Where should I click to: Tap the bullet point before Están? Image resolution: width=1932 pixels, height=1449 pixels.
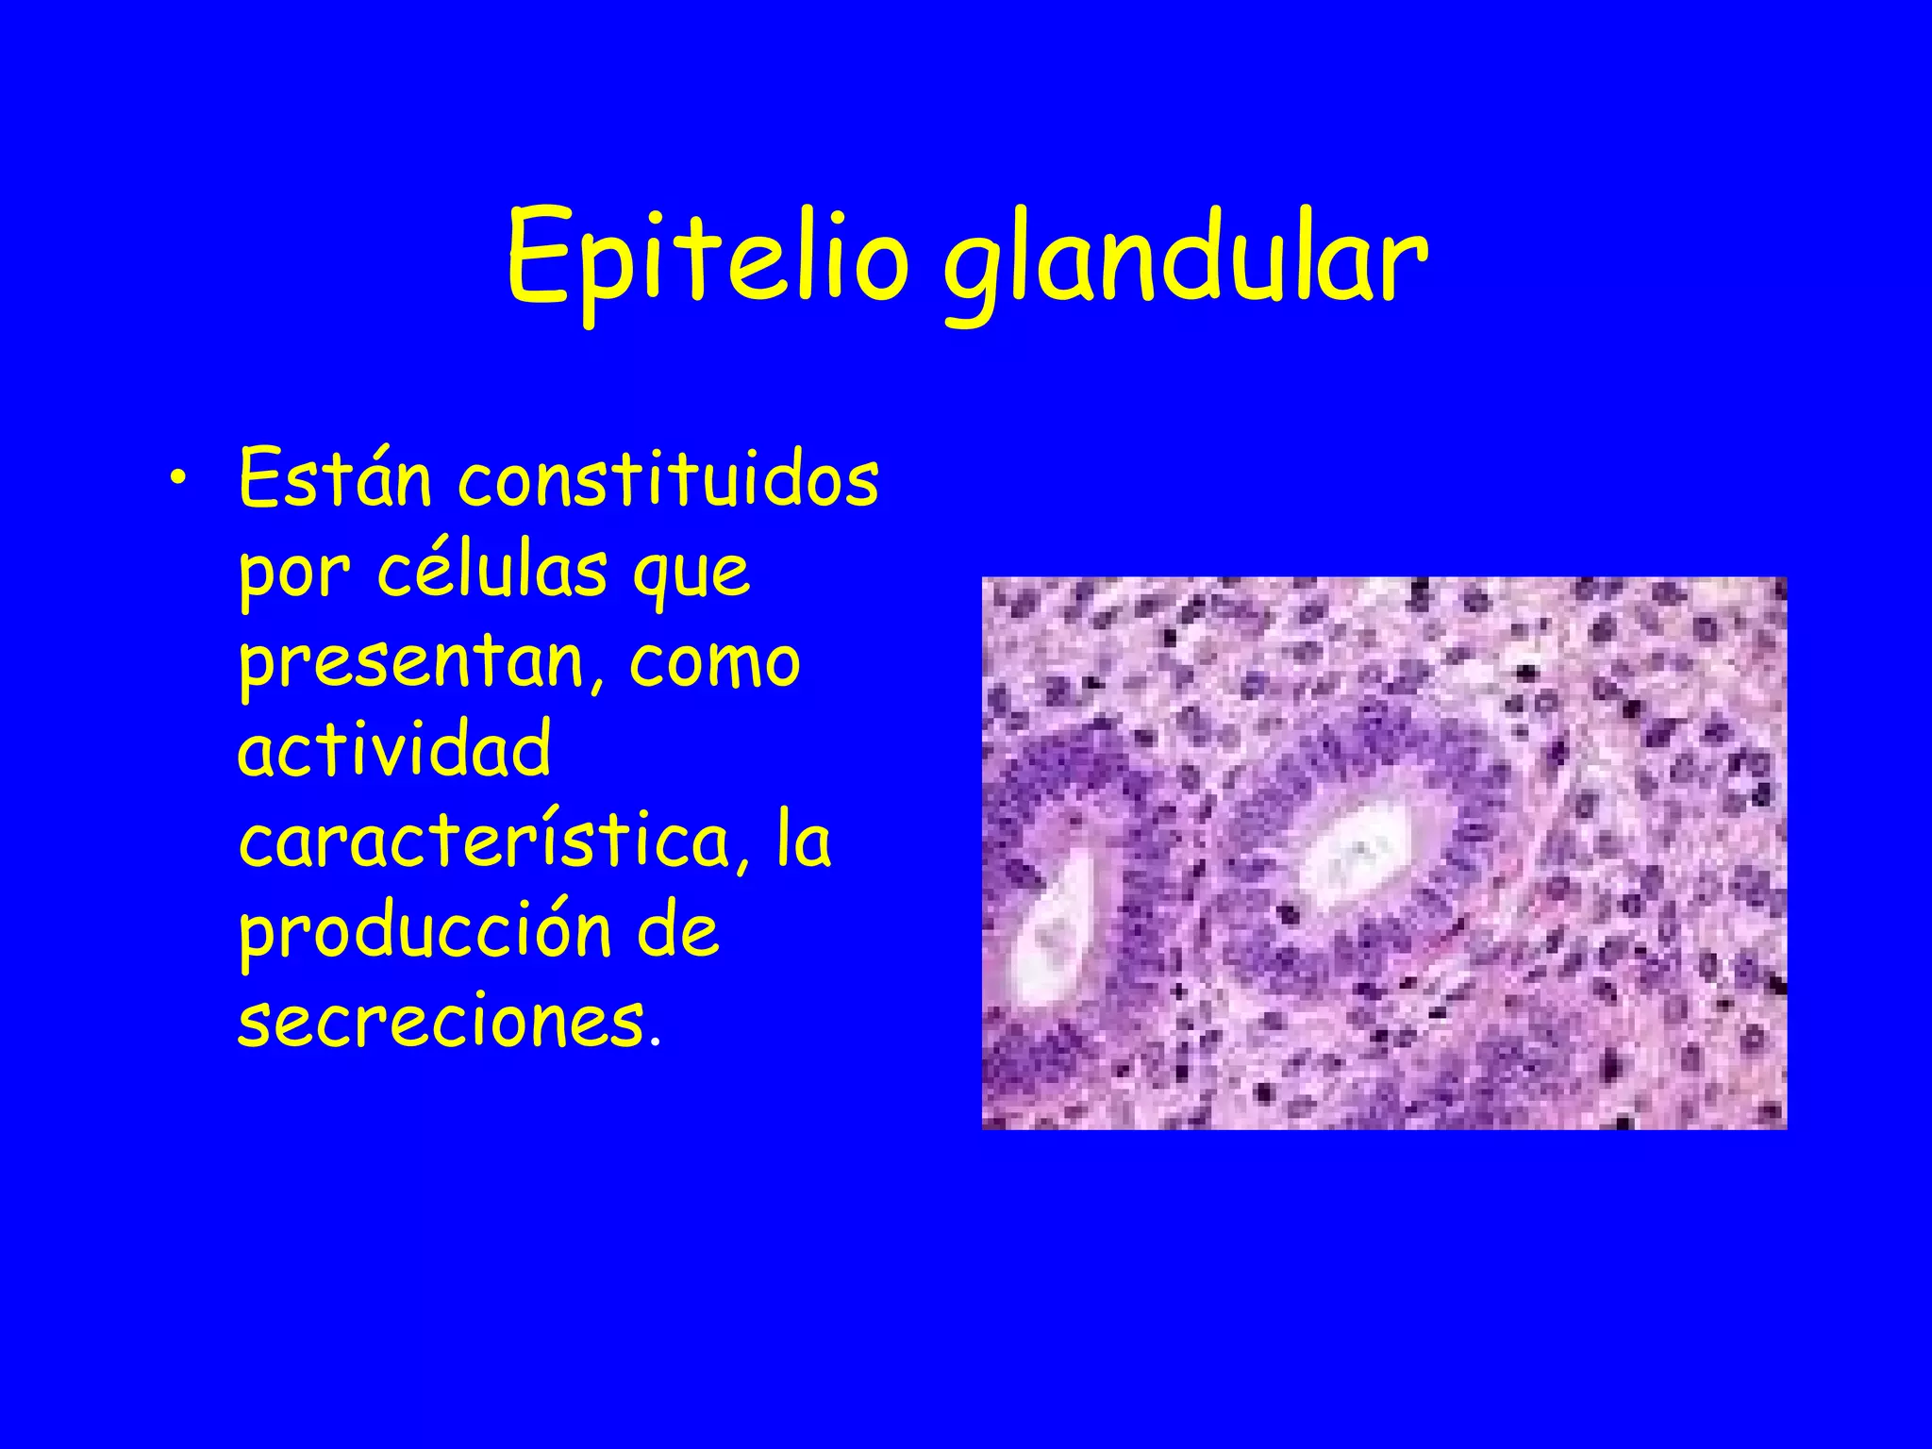178,483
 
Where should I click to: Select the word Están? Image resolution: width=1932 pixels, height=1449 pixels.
335,479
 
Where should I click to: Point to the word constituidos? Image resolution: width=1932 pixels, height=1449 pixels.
668,479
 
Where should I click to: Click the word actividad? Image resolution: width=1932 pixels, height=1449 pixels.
394,750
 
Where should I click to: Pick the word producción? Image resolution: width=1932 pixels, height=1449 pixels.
425,932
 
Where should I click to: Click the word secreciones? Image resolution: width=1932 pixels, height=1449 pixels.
441,1021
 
